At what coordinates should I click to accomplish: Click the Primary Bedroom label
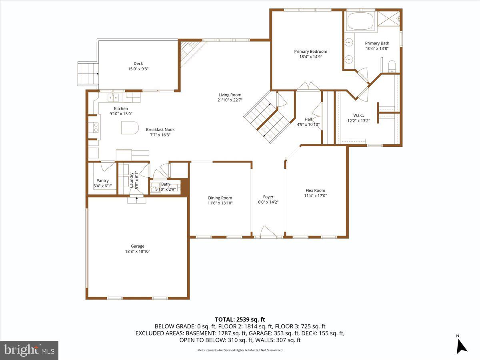[310, 51]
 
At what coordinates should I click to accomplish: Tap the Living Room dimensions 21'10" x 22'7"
[230, 100]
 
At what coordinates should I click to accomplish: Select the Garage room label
[137, 246]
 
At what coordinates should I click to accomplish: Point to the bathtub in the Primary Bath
[360, 22]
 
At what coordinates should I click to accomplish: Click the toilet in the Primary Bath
[392, 66]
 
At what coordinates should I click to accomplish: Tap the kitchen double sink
[114, 97]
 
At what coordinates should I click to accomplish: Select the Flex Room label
[315, 190]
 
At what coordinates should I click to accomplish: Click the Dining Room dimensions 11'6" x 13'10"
[220, 203]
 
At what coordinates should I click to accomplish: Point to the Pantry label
[102, 180]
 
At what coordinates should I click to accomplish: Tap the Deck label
[138, 63]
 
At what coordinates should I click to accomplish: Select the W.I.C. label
[358, 115]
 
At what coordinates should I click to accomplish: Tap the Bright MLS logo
[29, 350]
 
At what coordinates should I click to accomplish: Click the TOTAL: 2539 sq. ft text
[240, 319]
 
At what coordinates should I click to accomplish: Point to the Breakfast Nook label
[160, 130]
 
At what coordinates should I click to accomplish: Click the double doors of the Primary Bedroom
[308, 87]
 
